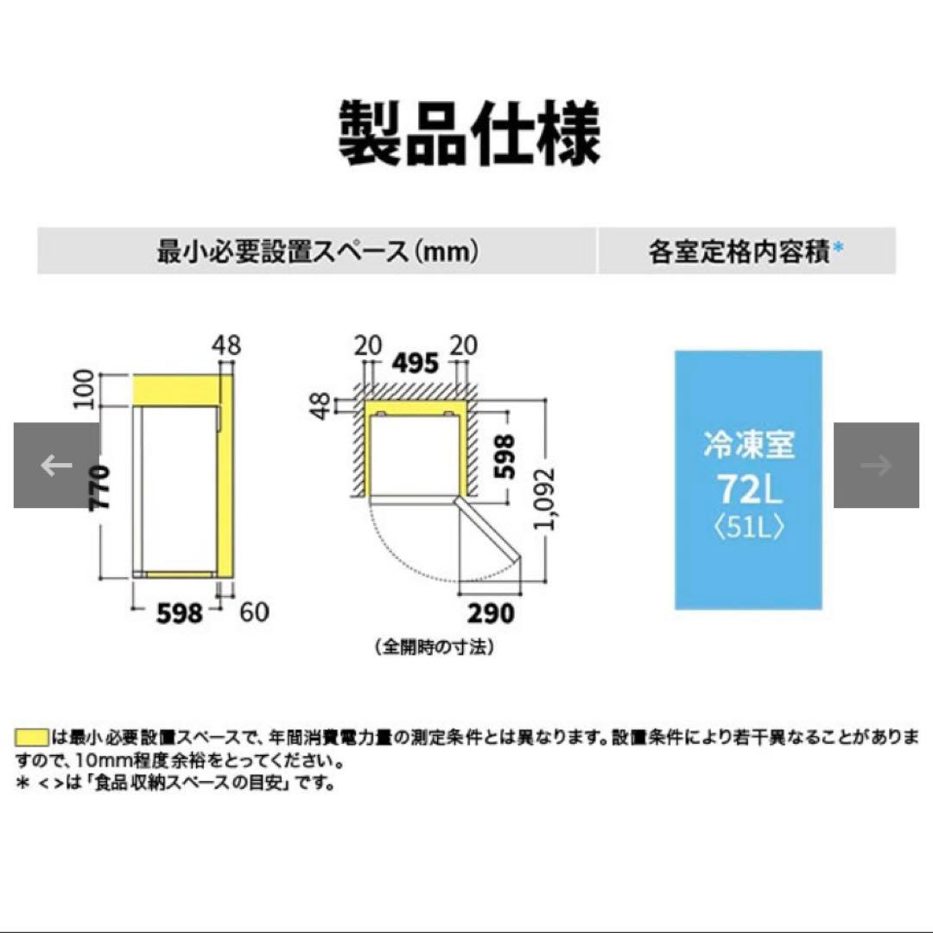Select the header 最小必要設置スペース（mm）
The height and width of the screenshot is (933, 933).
(316, 252)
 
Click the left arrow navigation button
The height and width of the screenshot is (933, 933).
(56, 466)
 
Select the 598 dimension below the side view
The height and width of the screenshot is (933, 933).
(180, 612)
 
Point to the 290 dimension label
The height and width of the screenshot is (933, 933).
(489, 612)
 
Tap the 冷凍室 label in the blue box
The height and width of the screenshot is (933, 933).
(748, 447)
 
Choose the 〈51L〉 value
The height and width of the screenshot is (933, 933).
(748, 528)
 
